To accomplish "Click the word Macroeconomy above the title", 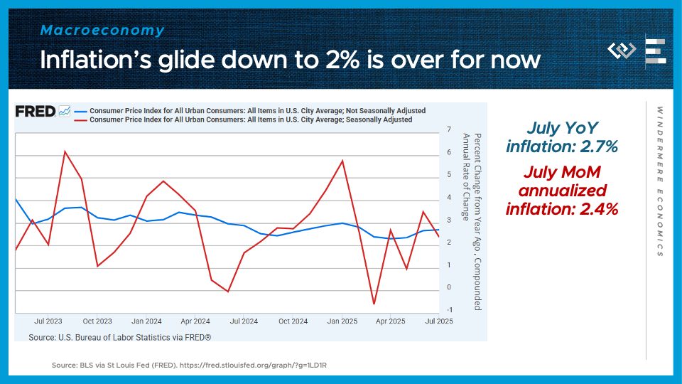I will click(x=102, y=31).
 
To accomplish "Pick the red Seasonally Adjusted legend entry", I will click(x=251, y=120).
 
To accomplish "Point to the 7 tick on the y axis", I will click(x=449, y=129).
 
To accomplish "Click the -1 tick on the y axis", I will click(x=448, y=310).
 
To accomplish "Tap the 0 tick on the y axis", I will click(x=449, y=287).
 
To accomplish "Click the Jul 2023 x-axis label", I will click(x=49, y=321).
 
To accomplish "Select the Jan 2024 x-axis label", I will click(x=147, y=321).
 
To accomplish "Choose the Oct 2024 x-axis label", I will click(x=293, y=321).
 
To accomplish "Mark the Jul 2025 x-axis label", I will click(x=439, y=321).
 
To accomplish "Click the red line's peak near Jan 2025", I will click(x=343, y=160).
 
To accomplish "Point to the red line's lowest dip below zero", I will click(x=374, y=304).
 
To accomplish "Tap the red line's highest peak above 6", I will click(x=65, y=151).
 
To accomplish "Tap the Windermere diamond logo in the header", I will click(x=622, y=51).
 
